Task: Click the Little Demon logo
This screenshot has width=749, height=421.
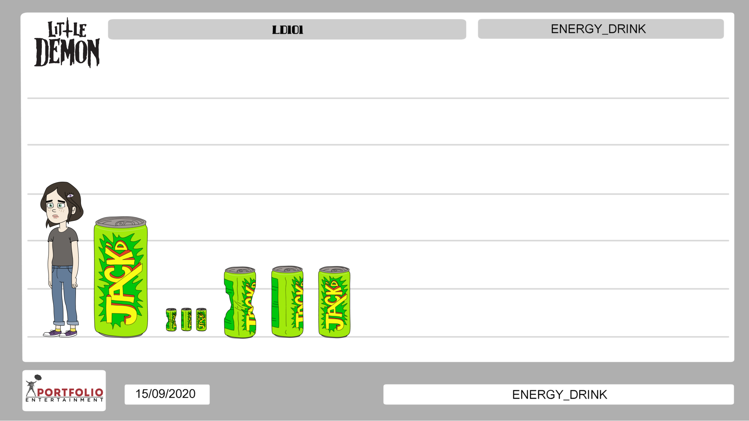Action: click(67, 43)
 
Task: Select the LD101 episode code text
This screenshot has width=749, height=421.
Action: click(287, 30)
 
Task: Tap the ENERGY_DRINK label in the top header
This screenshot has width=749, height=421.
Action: click(598, 29)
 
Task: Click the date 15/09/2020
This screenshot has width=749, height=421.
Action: click(165, 394)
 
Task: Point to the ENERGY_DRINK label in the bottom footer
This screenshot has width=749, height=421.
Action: click(559, 395)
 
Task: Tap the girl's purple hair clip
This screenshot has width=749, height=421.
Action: click(70, 195)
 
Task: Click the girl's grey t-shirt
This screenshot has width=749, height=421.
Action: click(63, 246)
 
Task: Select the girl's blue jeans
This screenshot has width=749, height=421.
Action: click(64, 293)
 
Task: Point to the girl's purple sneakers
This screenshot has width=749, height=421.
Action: click(61, 333)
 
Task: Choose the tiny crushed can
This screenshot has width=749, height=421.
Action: click(171, 320)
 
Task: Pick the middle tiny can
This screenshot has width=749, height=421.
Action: click(186, 320)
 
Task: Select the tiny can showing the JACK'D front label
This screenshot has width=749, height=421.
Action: click(201, 320)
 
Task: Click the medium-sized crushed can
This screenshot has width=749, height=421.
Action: click(240, 303)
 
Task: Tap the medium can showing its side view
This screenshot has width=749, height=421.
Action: click(287, 302)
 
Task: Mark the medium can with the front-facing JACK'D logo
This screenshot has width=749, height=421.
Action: click(334, 302)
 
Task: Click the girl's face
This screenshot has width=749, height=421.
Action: click(56, 209)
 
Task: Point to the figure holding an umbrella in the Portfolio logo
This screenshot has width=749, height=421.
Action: click(31, 387)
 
